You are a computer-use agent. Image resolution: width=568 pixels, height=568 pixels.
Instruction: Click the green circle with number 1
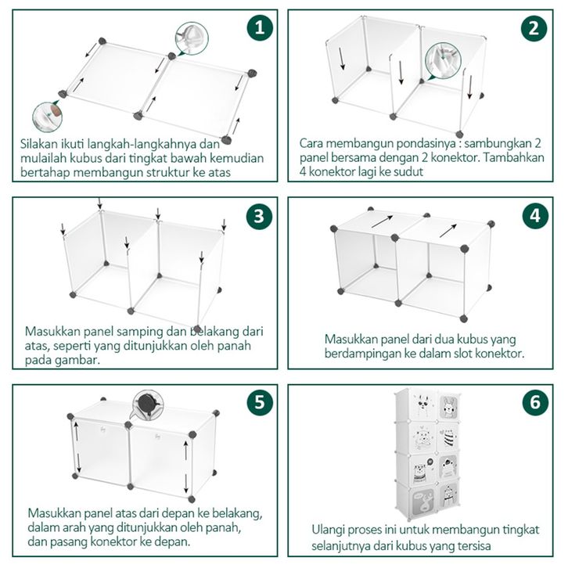click(x=261, y=29)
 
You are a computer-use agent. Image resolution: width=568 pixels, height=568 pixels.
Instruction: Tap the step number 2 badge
click(x=534, y=29)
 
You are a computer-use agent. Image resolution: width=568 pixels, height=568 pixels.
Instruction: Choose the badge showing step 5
click(x=261, y=402)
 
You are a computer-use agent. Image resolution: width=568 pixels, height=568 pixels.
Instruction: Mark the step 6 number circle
click(x=534, y=402)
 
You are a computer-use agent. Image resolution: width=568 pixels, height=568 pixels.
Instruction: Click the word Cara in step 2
click(x=312, y=144)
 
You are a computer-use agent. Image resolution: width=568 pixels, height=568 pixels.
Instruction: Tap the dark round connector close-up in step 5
click(x=148, y=404)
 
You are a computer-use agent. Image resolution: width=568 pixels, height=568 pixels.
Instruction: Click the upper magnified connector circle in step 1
click(x=190, y=37)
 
